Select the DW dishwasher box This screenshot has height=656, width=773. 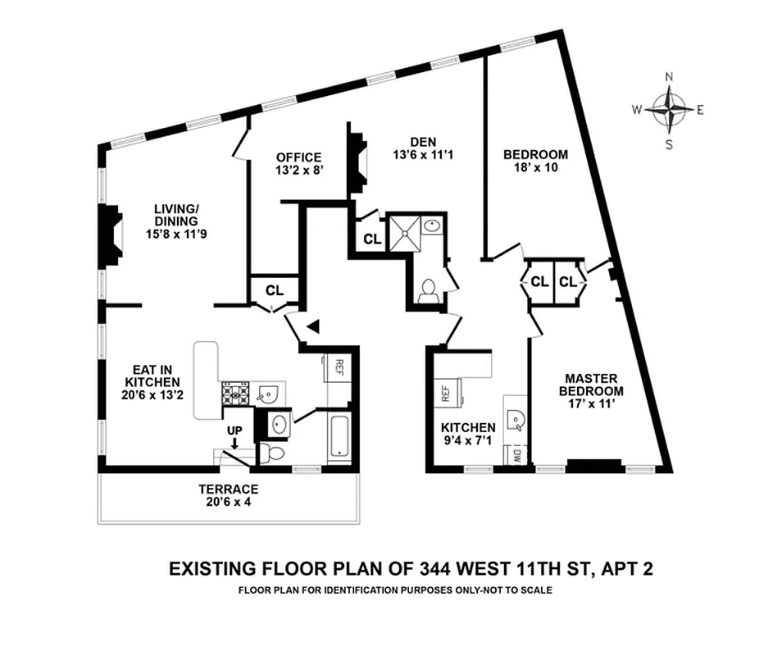[516, 456]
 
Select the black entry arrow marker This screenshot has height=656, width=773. [312, 327]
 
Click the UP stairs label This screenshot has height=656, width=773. [235, 430]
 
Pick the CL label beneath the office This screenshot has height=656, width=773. [274, 290]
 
